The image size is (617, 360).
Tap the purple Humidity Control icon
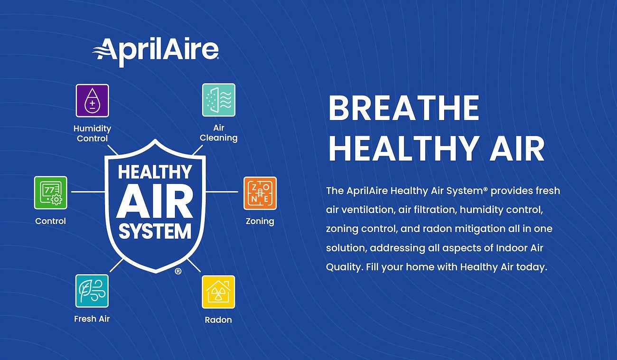[92, 101]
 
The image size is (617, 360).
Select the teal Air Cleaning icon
[218, 100]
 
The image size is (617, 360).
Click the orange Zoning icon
[260, 193]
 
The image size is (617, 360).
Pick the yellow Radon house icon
[218, 292]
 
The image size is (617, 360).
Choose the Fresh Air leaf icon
[92, 291]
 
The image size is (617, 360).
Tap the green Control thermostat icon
[50, 192]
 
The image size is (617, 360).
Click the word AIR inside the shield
[155, 201]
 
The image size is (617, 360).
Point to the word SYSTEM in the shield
[155, 231]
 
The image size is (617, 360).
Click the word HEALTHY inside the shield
[155, 171]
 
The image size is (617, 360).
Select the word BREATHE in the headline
[404, 108]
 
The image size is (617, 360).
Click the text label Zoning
[260, 221]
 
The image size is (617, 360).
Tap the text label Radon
[218, 320]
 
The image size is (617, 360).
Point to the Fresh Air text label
[92, 319]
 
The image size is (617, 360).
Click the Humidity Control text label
[92, 133]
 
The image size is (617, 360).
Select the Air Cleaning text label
[218, 133]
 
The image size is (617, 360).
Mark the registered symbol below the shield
[178, 271]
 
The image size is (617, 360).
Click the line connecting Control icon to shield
[88, 192]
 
